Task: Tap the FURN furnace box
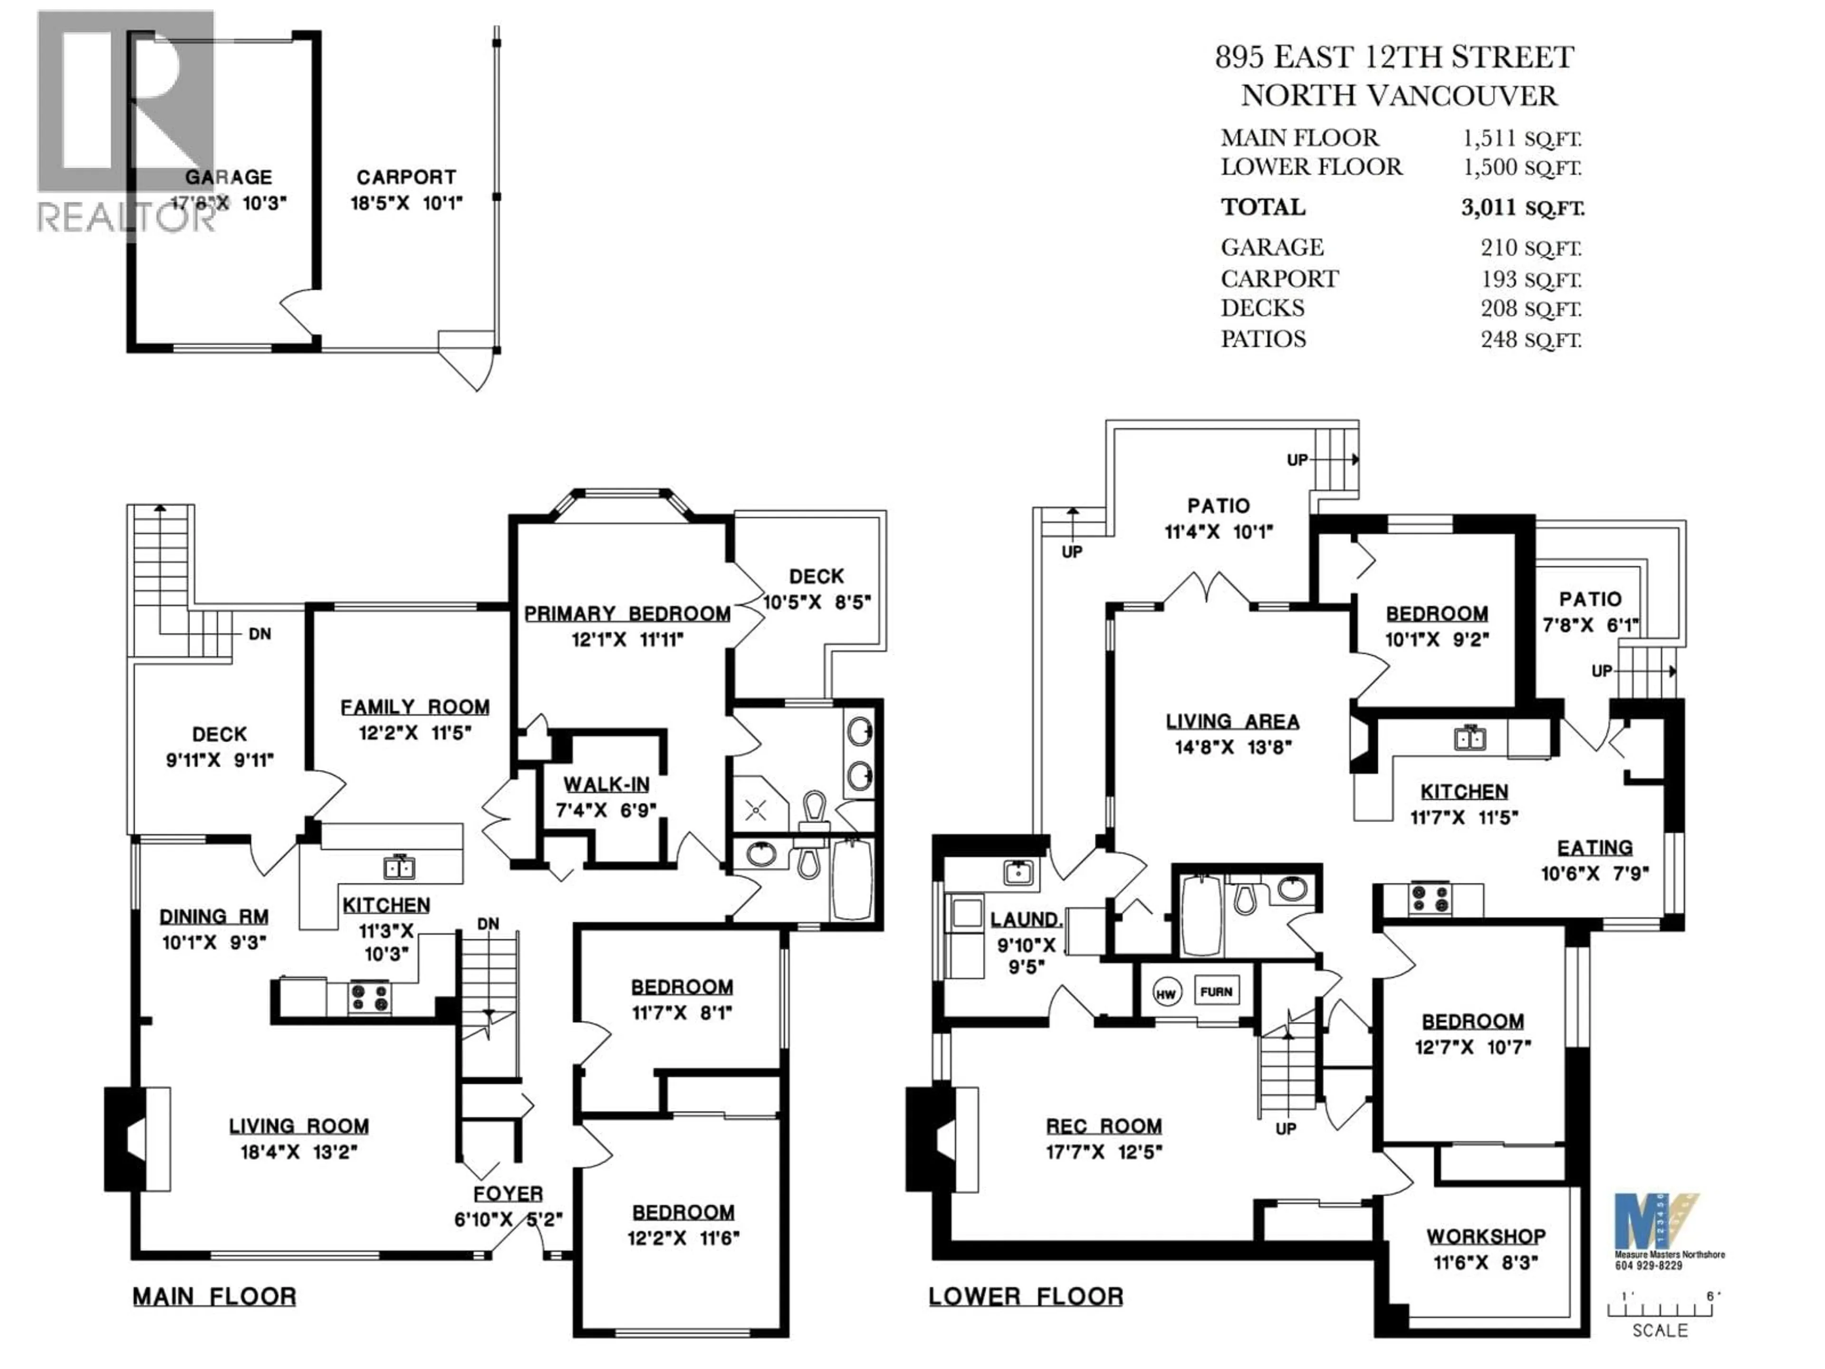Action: click(x=1216, y=992)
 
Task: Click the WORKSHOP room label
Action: click(x=1486, y=1236)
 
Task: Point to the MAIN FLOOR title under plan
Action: click(x=214, y=1296)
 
